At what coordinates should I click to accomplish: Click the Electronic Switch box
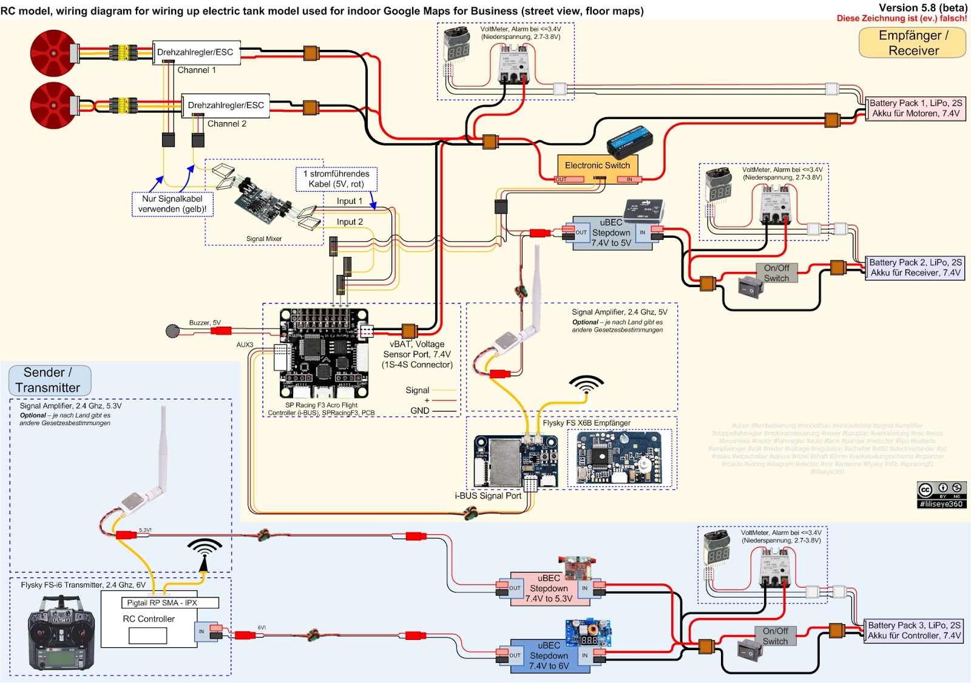[x=597, y=165]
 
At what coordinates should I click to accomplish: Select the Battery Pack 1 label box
[x=915, y=108]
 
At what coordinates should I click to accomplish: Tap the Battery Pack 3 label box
[x=913, y=630]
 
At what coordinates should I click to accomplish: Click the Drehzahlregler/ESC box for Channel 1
[x=195, y=52]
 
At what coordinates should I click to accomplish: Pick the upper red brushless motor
[x=53, y=53]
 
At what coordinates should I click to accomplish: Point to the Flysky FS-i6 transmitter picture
[x=61, y=631]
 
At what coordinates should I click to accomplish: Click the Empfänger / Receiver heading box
[x=912, y=43]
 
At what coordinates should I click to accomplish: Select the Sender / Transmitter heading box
[x=49, y=380]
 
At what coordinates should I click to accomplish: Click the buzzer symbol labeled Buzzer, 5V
[x=173, y=331]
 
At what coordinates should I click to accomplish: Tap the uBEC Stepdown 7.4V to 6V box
[x=549, y=656]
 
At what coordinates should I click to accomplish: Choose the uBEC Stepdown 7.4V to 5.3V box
[x=549, y=588]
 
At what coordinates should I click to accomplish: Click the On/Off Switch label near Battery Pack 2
[x=776, y=273]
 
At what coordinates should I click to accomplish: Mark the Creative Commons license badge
[x=941, y=494]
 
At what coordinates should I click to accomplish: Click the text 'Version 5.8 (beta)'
[x=922, y=7]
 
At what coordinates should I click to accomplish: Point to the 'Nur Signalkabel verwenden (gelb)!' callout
[x=172, y=204]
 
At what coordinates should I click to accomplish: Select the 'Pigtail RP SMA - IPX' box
[x=161, y=603]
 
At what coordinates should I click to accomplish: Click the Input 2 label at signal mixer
[x=350, y=222]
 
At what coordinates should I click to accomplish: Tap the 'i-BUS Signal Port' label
[x=488, y=495]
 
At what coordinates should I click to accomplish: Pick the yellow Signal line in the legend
[x=444, y=390]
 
